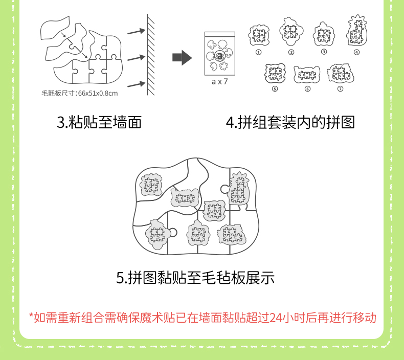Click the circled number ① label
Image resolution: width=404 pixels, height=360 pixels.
(258, 52)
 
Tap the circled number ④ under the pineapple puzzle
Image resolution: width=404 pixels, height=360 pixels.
(356, 52)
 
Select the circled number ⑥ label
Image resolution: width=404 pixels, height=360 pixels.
(308, 89)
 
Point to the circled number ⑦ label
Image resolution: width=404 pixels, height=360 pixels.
(341, 89)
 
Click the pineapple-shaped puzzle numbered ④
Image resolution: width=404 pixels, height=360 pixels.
(357, 30)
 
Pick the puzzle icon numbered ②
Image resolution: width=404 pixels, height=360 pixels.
(291, 31)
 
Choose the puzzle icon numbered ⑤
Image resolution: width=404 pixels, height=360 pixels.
(275, 73)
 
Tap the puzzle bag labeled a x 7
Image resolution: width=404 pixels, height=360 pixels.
(220, 54)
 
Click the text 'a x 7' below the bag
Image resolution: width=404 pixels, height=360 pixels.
(220, 82)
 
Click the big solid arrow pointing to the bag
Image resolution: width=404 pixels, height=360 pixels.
(182, 57)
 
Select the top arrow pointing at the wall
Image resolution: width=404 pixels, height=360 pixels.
(137, 31)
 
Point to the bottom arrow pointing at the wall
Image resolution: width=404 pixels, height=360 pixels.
(137, 84)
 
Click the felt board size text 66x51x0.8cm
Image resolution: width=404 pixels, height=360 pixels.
(98, 93)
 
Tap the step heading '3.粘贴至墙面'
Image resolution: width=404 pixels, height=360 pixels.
(99, 122)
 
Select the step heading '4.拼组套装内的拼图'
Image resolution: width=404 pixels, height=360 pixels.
(290, 122)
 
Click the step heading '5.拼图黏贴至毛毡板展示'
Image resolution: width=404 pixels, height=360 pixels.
(195, 278)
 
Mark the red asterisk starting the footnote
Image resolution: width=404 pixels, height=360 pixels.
(31, 316)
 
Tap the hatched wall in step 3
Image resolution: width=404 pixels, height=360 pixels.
(151, 55)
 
